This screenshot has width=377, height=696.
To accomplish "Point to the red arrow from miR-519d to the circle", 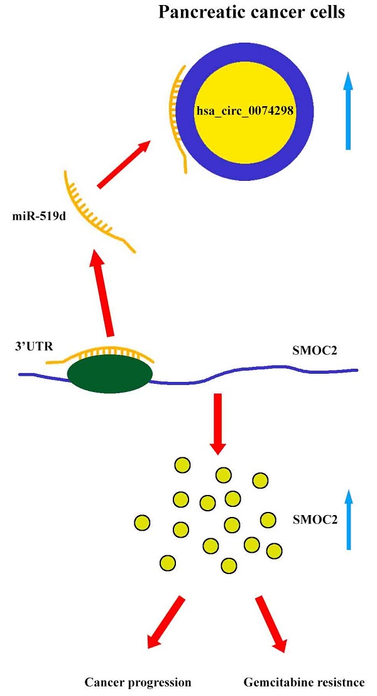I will click(124, 164).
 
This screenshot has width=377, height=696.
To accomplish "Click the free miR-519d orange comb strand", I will click(94, 210).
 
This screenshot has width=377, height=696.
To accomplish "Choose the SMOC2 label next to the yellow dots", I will click(312, 520).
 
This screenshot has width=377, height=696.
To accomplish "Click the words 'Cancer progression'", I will click(138, 683).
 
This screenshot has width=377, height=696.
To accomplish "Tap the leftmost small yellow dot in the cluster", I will click(143, 522).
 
